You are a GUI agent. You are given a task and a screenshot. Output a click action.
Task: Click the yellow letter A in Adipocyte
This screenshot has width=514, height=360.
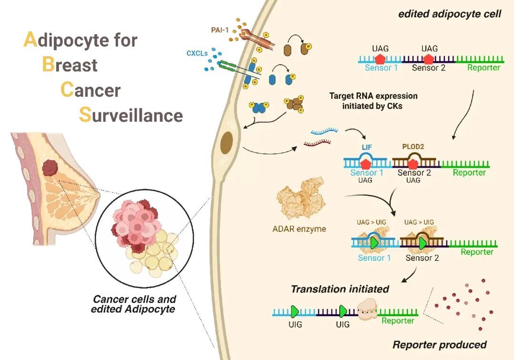point(30,40)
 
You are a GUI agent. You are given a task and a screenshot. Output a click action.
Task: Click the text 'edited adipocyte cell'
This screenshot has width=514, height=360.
point(450,14)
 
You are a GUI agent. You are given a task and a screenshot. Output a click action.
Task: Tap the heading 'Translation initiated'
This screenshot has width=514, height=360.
point(340,289)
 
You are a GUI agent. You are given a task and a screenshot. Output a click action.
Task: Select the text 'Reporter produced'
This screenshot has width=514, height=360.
point(439,344)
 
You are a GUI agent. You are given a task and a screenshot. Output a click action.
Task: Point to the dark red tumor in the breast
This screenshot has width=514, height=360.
point(50,168)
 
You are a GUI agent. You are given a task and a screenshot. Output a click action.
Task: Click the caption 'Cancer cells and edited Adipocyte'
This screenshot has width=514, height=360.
point(134,304)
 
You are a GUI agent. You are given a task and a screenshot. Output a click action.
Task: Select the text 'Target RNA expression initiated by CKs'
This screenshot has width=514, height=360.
point(372,100)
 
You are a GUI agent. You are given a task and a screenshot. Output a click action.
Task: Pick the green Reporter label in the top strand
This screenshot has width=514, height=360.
point(483,68)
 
